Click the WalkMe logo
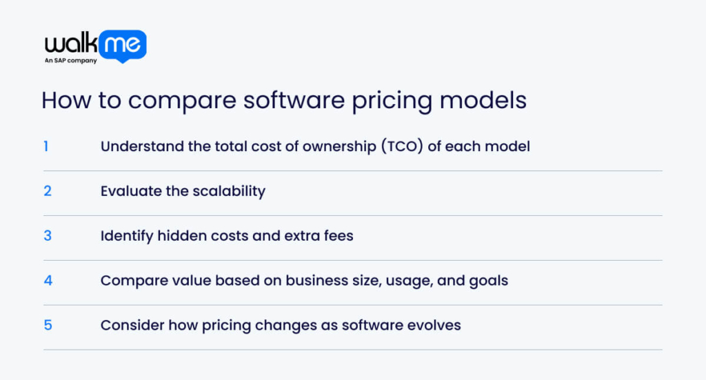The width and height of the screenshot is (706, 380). pos(95,45)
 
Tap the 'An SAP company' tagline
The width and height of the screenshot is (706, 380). pos(71,61)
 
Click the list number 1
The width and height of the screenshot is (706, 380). pos(46,146)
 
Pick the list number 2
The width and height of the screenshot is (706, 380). pos(48,191)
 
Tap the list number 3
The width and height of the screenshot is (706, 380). pos(48,236)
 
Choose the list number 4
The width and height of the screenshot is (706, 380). pos(48,281)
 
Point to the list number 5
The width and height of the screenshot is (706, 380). pos(48,325)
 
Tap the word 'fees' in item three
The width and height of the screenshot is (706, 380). pos(337,236)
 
